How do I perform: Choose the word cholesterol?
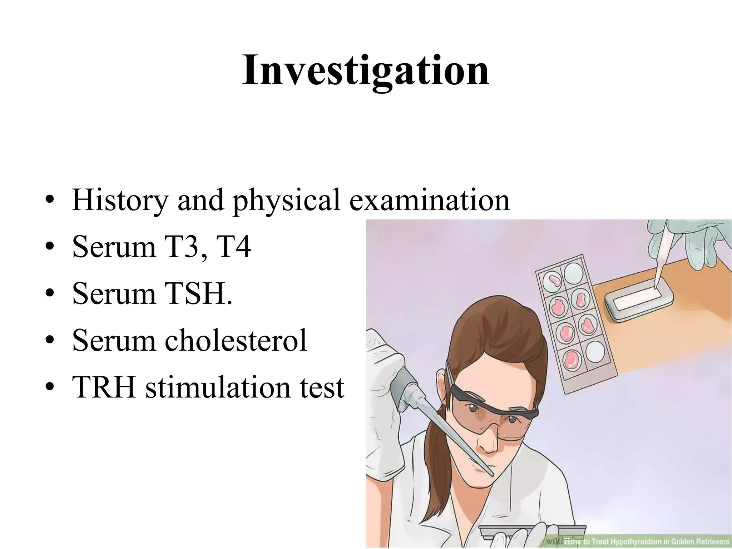[236, 340]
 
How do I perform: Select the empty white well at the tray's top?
[573, 273]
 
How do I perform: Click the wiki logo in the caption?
[554, 541]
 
